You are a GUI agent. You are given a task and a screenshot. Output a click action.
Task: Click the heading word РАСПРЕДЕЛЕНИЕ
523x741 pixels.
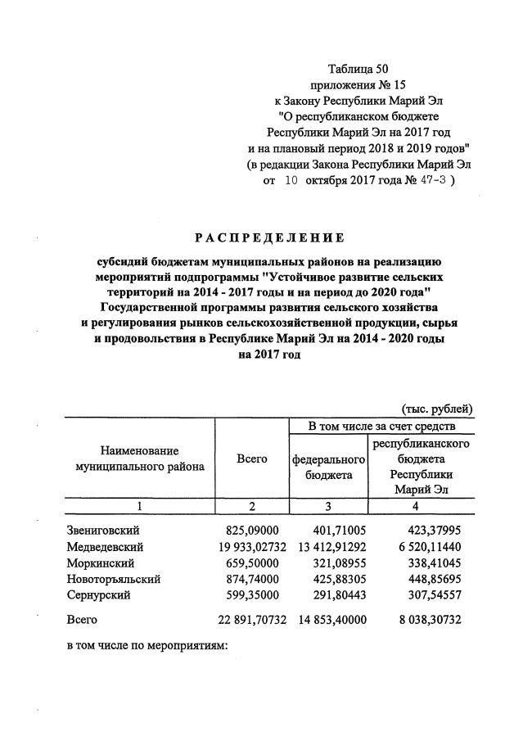(269, 238)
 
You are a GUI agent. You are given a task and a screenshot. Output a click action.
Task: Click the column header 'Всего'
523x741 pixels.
(252, 460)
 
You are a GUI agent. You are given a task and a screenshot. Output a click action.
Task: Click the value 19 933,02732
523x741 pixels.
(250, 546)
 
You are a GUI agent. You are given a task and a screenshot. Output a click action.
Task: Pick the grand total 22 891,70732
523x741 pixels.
(250, 620)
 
